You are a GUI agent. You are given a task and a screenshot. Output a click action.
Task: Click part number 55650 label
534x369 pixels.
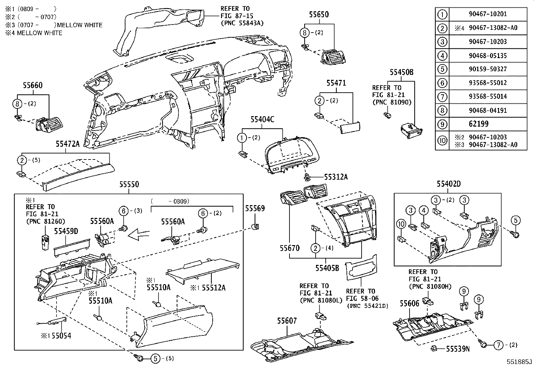point(319,14)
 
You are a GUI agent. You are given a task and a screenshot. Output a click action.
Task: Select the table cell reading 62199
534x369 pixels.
point(478,124)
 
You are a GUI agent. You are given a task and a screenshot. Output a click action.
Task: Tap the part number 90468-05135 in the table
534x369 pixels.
point(487,55)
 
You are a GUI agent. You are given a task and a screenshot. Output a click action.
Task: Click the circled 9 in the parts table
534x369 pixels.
point(442,124)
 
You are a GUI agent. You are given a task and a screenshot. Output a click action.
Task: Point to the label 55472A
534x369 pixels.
point(67,144)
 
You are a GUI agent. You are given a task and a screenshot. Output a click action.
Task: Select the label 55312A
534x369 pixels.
point(335,177)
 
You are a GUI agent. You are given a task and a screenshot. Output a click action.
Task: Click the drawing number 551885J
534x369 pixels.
point(520,362)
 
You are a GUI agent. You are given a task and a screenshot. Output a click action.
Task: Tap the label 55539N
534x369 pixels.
point(458,349)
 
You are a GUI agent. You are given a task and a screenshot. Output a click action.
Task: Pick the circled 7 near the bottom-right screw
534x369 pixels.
point(498,344)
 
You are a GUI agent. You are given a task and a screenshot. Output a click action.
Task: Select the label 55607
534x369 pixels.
point(287,321)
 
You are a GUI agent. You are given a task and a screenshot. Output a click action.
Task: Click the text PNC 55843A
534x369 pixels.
point(243,23)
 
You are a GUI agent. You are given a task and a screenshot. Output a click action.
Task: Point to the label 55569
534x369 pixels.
point(255,209)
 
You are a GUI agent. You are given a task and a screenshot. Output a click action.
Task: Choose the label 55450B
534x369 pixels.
point(401,72)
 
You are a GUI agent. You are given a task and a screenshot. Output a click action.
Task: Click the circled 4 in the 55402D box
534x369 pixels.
point(424,211)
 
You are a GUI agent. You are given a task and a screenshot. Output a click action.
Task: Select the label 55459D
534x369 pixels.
point(66,231)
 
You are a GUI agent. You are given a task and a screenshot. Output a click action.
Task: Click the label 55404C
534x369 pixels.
point(262,119)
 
